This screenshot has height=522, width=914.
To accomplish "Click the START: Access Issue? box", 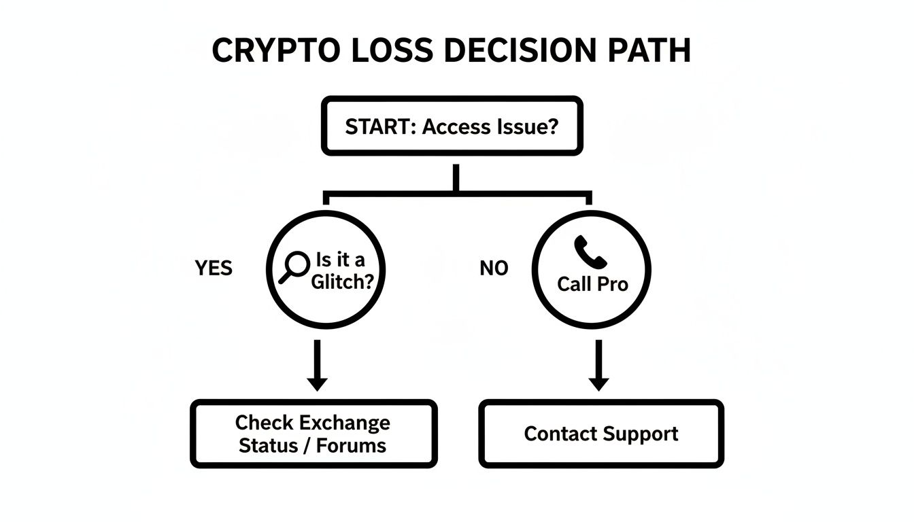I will click(x=452, y=126).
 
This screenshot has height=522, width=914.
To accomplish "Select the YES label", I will click(x=214, y=268).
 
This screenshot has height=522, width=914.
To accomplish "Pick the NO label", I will click(x=494, y=268).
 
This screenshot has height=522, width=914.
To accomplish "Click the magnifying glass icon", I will click(x=293, y=267).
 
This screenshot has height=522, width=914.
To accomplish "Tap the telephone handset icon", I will click(x=589, y=252).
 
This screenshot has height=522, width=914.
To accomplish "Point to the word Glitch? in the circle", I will click(x=342, y=282).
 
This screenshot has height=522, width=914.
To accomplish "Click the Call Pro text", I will click(x=592, y=283).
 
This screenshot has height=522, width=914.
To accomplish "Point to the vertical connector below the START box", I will click(x=456, y=178).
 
